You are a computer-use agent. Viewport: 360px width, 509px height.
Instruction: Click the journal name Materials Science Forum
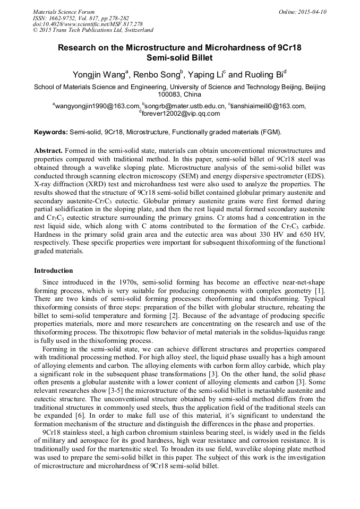pyautogui.click(x=64, y=12)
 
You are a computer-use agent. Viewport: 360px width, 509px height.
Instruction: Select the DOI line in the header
pyautogui.click(x=88, y=24)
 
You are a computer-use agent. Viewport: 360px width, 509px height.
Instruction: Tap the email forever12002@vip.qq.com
pyautogui.click(x=181, y=113)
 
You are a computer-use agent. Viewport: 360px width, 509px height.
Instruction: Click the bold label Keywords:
pyautogui.click(x=51, y=132)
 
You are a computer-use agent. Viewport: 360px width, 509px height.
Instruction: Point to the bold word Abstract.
pyautogui.click(x=48, y=151)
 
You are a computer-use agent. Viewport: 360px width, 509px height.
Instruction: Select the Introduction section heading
pyautogui.click(x=54, y=271)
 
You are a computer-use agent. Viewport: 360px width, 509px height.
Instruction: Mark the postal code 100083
pyautogui.click(x=165, y=94)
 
